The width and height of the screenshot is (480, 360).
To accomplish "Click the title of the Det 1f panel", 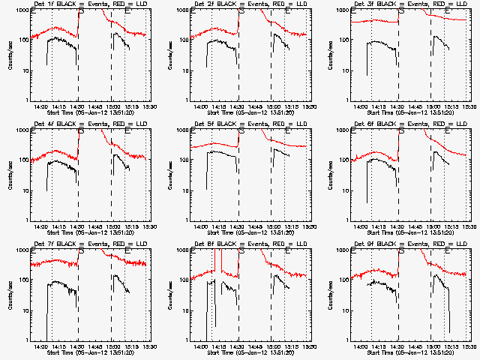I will pos(82,4).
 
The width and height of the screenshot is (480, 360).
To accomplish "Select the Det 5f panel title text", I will pos(243,124).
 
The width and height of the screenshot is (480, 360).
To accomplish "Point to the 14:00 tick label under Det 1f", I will pos(41,106).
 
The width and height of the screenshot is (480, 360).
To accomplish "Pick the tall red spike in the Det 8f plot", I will pos(215,259).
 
